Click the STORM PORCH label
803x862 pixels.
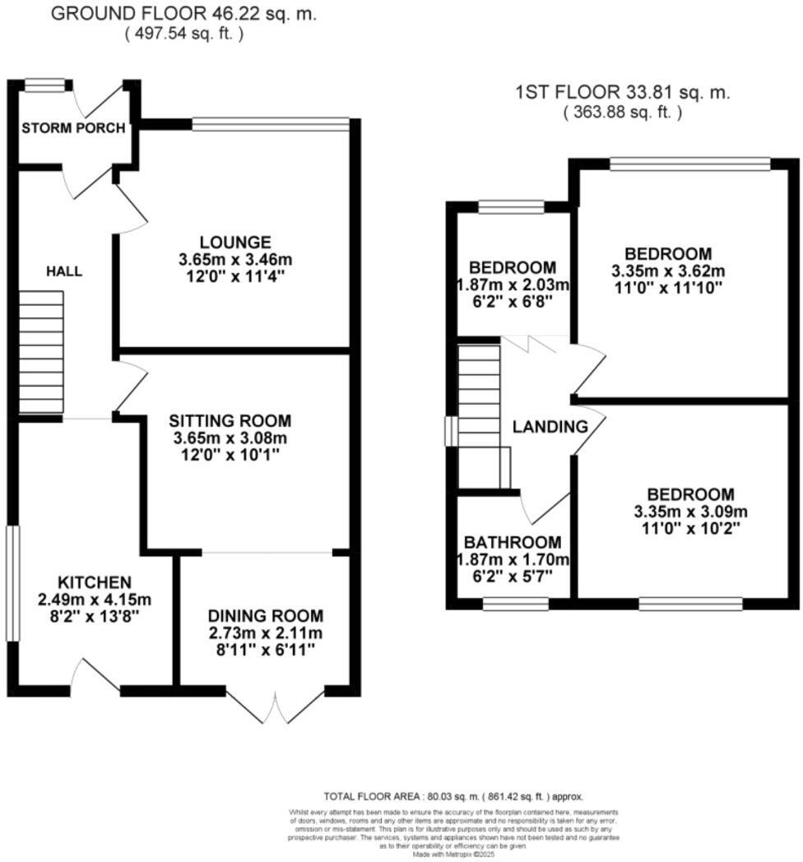(73, 128)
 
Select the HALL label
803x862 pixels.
(63, 271)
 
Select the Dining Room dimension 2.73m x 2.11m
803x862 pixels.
(265, 633)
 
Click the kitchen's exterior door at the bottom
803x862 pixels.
(97, 677)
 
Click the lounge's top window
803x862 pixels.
(271, 124)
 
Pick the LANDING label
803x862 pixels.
(550, 427)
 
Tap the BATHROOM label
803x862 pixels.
(513, 542)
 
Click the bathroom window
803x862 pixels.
(515, 605)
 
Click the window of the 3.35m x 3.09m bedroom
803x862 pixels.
(691, 605)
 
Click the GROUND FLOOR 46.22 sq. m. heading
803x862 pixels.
(183, 14)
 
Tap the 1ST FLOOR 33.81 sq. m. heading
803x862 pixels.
(623, 94)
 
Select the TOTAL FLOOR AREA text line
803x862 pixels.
(453, 796)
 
